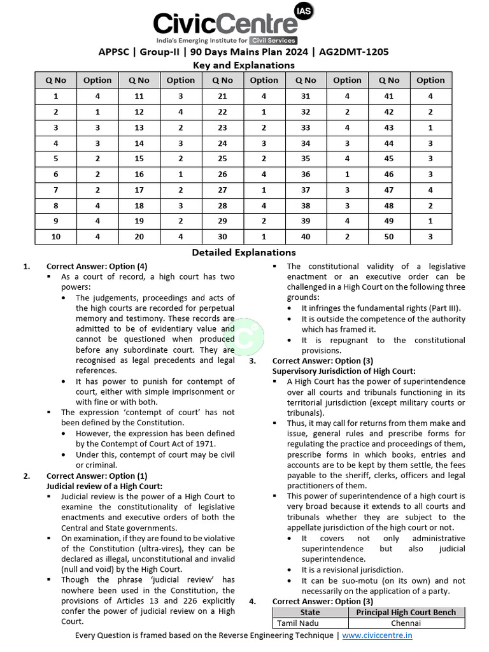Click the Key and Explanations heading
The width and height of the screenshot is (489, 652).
tap(244, 65)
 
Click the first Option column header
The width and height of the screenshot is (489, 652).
tap(97, 80)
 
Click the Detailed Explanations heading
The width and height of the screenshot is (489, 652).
tap(244, 253)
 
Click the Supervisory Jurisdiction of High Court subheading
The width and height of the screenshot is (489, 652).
tap(344, 371)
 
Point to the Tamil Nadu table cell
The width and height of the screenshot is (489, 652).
tap(297, 623)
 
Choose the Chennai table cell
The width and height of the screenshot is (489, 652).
tap(406, 623)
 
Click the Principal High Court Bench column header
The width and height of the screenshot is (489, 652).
tap(406, 612)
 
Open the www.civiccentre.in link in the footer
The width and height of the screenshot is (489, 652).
tap(377, 635)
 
